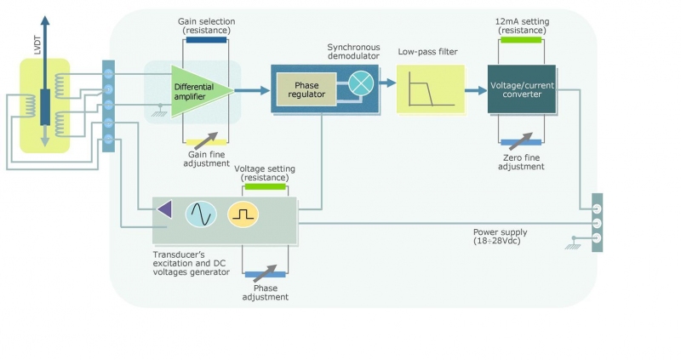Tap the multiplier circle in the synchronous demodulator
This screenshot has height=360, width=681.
360,83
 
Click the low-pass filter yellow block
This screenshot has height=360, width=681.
426,88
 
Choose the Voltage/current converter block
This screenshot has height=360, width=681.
522,88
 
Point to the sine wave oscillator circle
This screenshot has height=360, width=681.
202,214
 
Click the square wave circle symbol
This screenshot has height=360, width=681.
243,214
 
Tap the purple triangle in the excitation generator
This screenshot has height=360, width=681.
164,209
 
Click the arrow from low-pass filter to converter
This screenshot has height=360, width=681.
473,87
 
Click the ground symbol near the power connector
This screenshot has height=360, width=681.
569,247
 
